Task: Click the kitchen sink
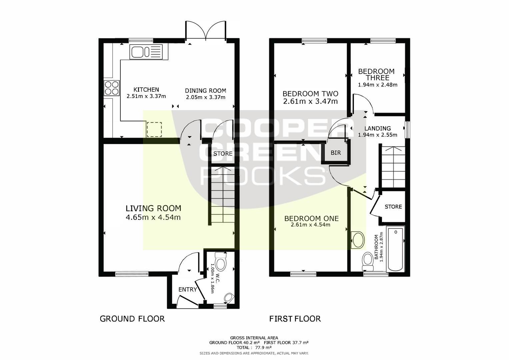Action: pos(146,52)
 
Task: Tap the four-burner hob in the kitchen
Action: pos(112,88)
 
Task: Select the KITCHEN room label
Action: pos(146,90)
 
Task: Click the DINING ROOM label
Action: pos(205,91)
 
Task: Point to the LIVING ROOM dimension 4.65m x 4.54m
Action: pos(153,217)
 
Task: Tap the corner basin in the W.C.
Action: pos(229,298)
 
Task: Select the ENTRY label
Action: pos(187,290)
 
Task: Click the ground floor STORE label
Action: pos(223,154)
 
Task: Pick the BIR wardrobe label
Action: pos(336,153)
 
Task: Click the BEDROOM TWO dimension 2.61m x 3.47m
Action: pos(310,101)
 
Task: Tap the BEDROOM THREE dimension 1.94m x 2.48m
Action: pos(378,85)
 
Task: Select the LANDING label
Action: pos(378,128)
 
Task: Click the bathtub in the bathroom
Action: pos(396,249)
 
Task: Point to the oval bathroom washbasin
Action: pos(358,240)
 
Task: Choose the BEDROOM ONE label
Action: pos(312,218)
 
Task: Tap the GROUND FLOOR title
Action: pos(132,319)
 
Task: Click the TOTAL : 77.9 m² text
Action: pos(254,347)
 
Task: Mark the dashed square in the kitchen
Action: pos(154,130)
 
